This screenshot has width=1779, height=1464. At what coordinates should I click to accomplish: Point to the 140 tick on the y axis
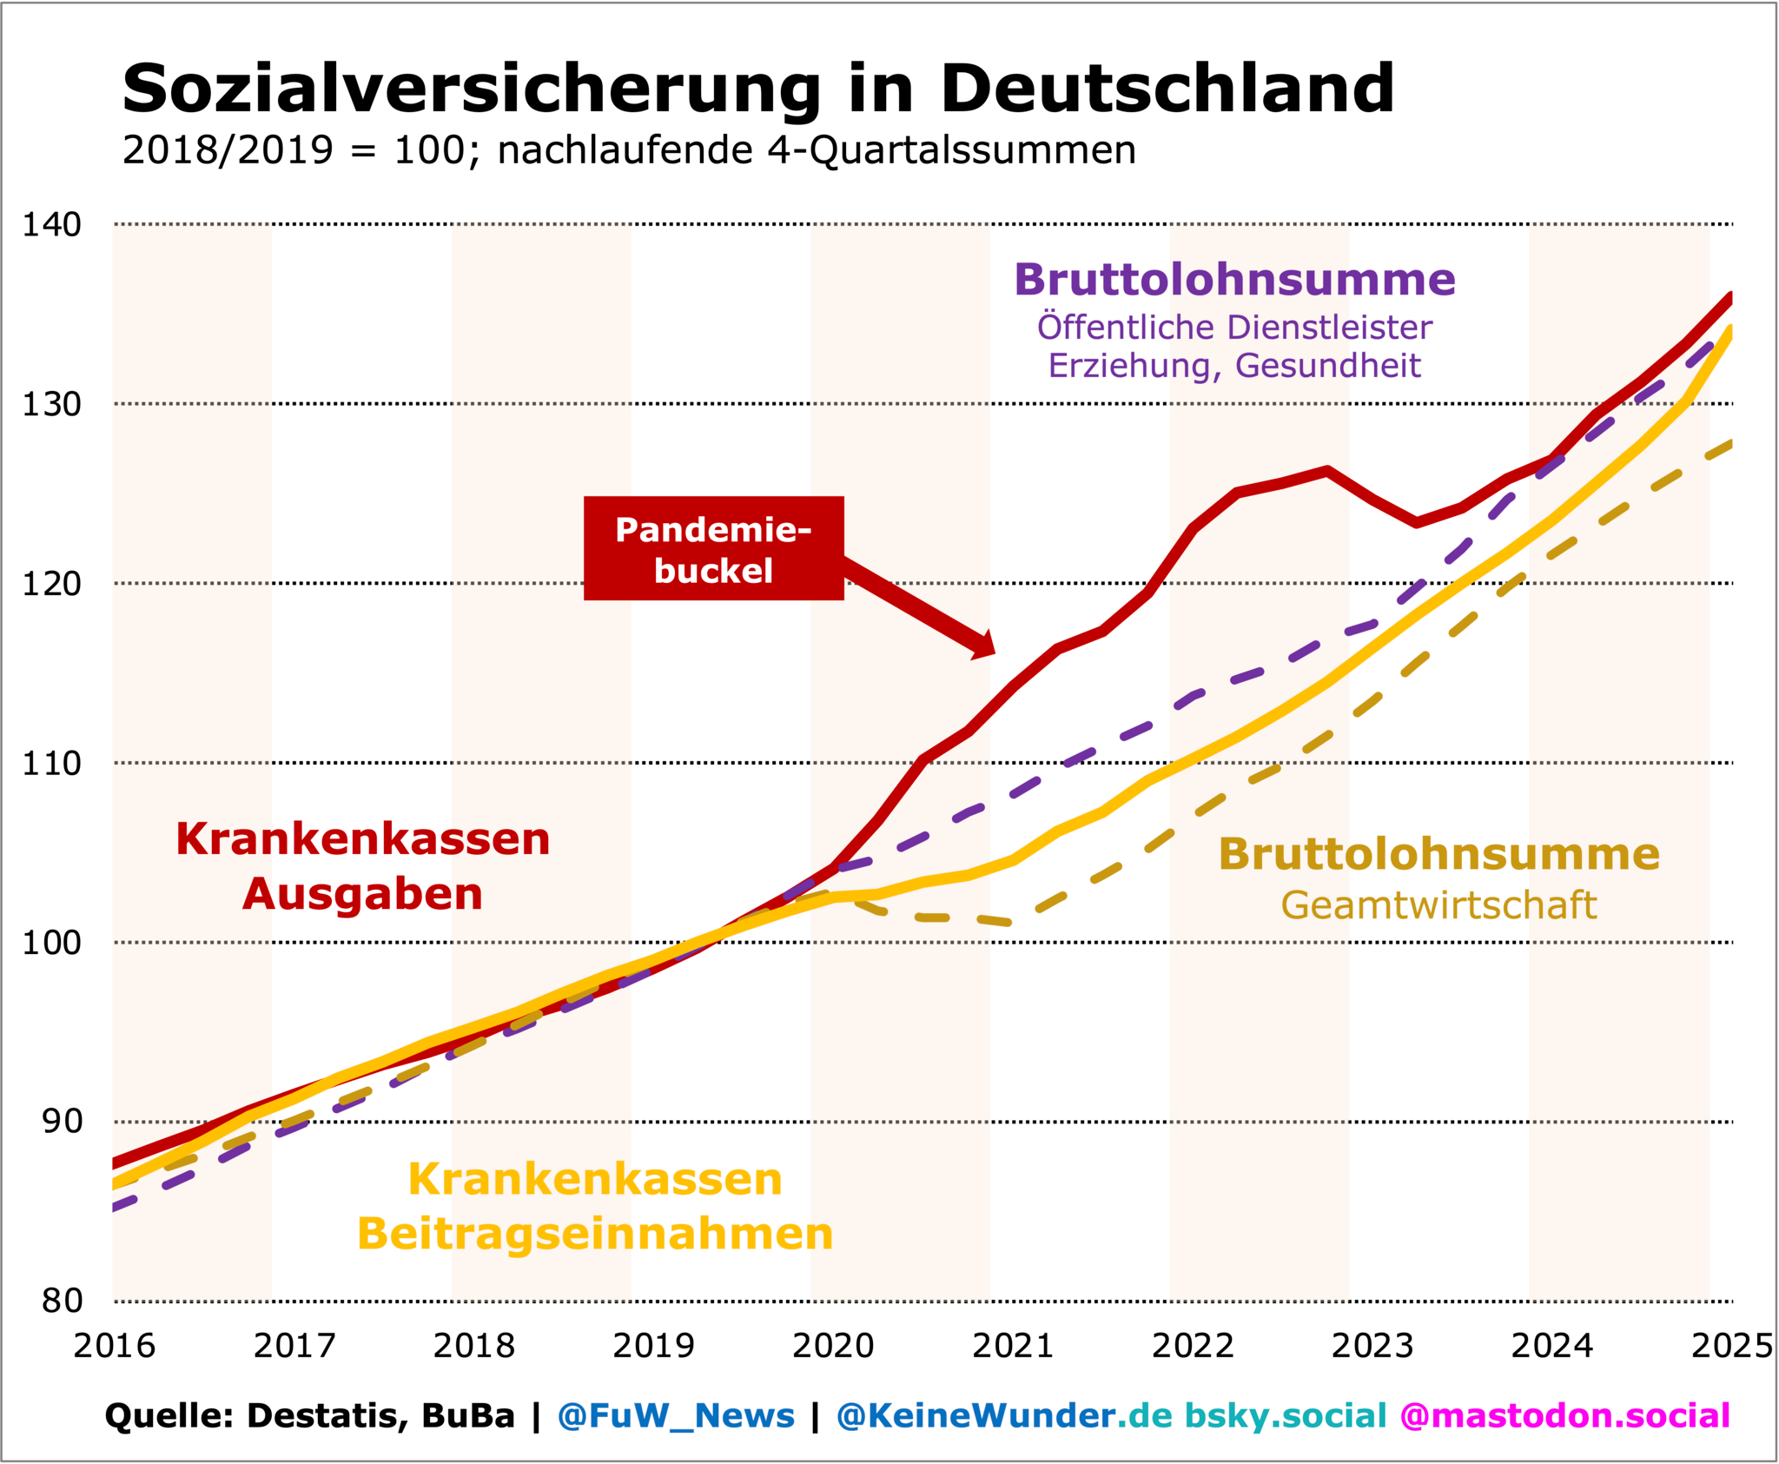[x=52, y=225]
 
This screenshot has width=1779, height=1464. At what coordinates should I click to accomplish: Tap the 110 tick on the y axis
[x=52, y=764]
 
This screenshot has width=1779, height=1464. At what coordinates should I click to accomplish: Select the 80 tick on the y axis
[x=62, y=1302]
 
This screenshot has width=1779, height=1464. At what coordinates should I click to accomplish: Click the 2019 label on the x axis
[x=653, y=1347]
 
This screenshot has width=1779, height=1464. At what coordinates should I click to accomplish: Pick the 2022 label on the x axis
[x=1193, y=1347]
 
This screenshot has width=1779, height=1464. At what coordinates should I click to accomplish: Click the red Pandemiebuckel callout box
[x=713, y=548]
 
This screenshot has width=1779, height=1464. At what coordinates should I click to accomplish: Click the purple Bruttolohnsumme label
[x=1234, y=280]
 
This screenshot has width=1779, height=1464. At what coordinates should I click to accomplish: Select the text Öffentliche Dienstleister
[x=1234, y=328]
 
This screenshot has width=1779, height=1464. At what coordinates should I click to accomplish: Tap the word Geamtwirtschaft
[x=1438, y=905]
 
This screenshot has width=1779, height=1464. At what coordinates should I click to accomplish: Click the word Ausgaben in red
[x=362, y=894]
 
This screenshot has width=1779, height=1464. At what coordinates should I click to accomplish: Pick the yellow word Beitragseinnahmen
[x=595, y=1234]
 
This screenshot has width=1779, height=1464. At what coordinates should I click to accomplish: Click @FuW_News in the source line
[x=676, y=1416]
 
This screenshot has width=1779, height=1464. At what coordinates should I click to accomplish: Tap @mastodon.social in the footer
[x=1564, y=1416]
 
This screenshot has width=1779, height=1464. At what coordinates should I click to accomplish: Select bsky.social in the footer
[x=1286, y=1416]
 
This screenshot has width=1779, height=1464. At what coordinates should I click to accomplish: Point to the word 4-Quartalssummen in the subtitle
[x=951, y=150]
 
